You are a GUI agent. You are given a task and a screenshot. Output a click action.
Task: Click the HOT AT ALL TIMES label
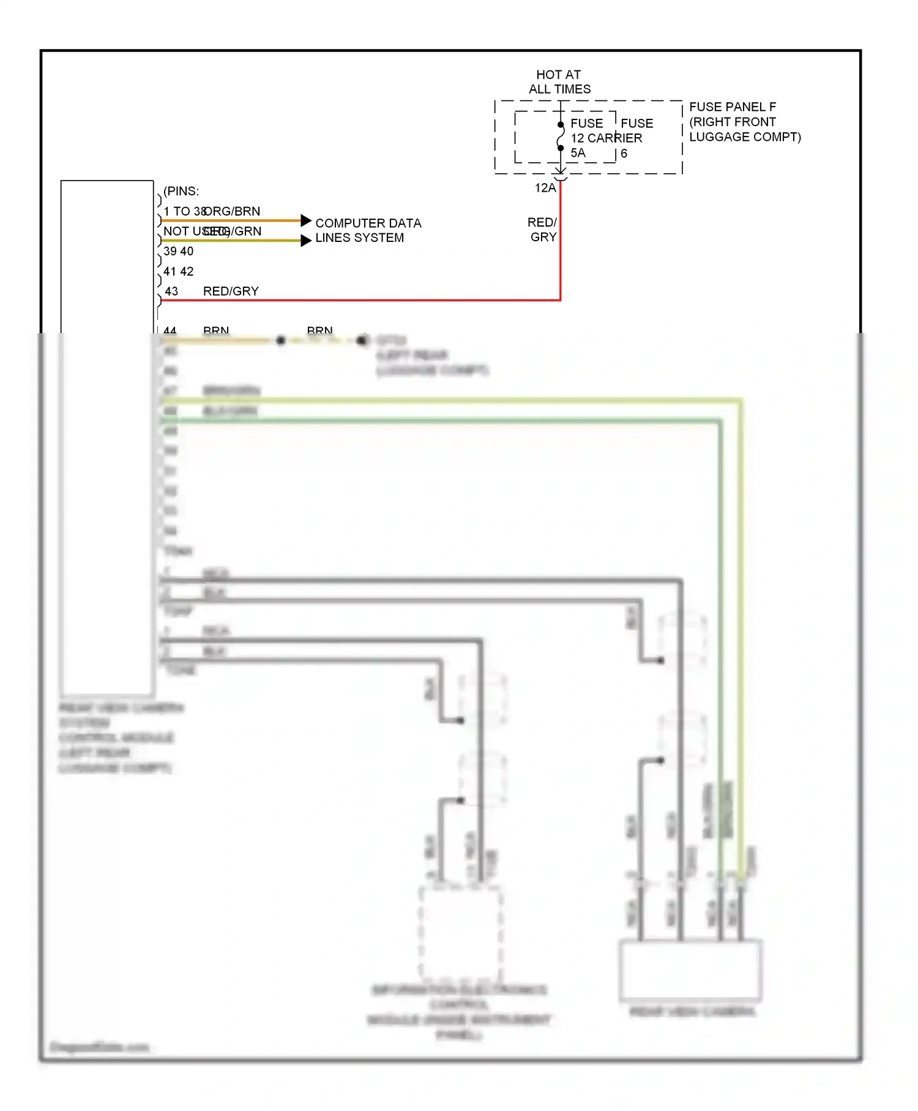pos(559,81)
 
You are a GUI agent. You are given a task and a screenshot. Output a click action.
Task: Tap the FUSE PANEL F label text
pos(732,107)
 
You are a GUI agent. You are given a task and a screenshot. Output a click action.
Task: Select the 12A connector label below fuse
pos(545,188)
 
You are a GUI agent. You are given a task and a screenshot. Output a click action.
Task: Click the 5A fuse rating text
pos(578,153)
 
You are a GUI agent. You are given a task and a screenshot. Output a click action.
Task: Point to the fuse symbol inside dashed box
pos(561,137)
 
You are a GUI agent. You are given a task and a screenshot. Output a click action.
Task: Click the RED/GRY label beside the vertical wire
pos(542,230)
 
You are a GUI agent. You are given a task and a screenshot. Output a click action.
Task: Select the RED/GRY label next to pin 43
pos(231,292)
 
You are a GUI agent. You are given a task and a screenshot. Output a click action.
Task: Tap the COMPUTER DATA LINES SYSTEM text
pos(368,230)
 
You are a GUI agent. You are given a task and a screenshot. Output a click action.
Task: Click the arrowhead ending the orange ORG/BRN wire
pos(306,220)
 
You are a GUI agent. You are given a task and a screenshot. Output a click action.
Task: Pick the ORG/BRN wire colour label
pos(233,211)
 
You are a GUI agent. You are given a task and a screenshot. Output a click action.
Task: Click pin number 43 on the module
pos(171,292)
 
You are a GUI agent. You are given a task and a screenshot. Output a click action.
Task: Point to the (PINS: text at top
pos(181,191)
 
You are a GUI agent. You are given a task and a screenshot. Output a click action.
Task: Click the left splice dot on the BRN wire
pos(280,340)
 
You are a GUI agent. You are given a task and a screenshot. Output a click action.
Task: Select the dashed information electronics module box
pos(460,933)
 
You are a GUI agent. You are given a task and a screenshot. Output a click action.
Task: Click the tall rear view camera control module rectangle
pos(107,438)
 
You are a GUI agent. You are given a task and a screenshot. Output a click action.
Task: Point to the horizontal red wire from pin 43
pos(367,300)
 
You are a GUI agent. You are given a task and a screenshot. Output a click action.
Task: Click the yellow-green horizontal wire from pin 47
pos(428,401)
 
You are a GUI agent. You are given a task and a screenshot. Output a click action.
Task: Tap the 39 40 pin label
pos(178,251)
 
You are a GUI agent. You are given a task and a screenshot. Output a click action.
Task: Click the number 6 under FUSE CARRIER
pos(624,154)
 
